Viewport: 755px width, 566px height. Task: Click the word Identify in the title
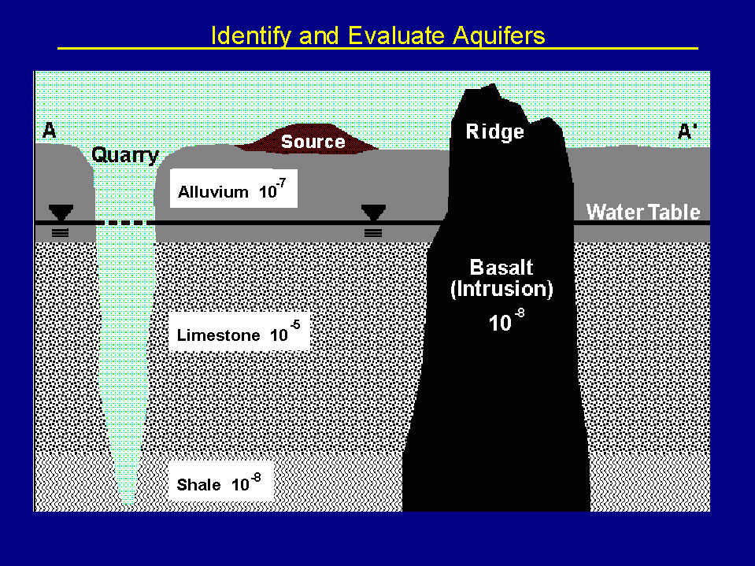coord(242,36)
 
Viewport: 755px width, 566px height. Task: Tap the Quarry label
coord(125,155)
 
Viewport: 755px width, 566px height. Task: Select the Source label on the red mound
coord(313,142)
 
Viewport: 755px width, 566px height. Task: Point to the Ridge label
coord(494,131)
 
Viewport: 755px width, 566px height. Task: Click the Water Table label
coord(642,212)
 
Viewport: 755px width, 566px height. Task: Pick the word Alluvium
coord(213,192)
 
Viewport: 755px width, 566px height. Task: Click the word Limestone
coord(218,335)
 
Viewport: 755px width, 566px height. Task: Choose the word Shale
coord(198,485)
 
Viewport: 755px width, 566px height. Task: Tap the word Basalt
coord(501,267)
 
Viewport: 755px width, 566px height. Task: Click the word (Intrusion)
coord(501,289)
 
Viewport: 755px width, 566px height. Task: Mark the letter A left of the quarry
coord(49,131)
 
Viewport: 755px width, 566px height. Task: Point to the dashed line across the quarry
coord(126,224)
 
